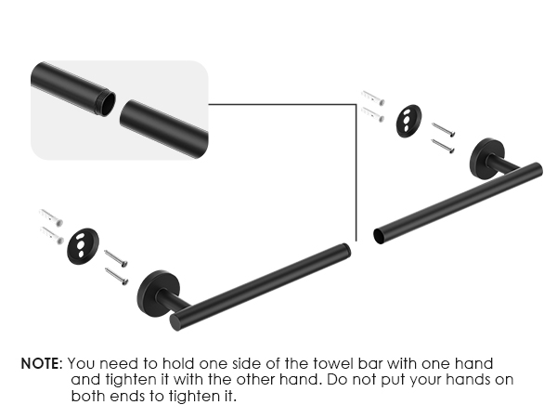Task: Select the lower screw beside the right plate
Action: pyautogui.click(x=443, y=145)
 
